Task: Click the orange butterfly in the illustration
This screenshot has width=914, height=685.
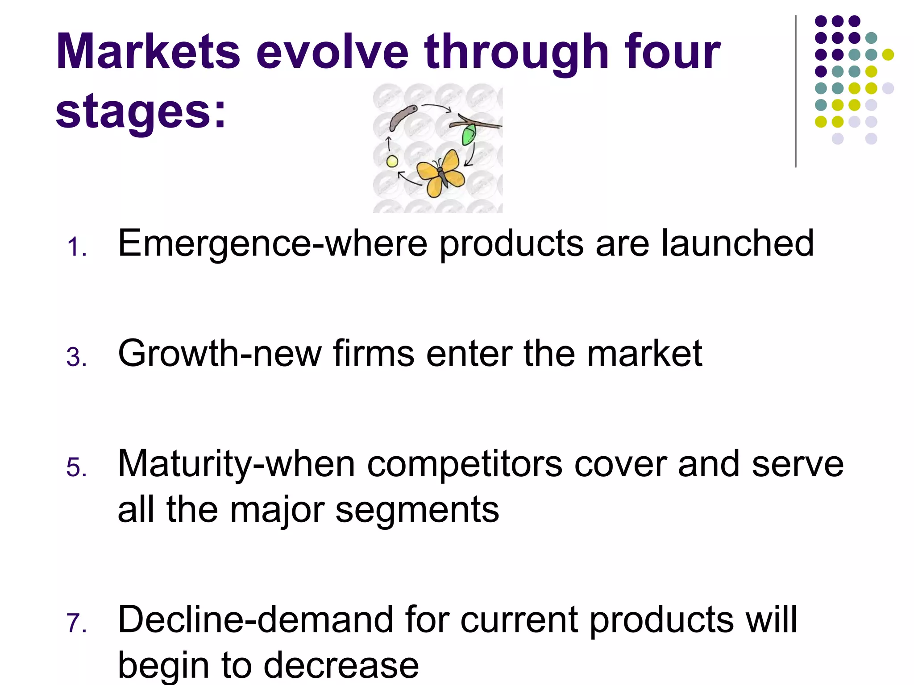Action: tap(440, 173)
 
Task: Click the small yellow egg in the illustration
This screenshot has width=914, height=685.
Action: tap(392, 162)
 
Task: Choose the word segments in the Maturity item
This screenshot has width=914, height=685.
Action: tap(417, 509)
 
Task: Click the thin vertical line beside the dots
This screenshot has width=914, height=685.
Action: tap(796, 91)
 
